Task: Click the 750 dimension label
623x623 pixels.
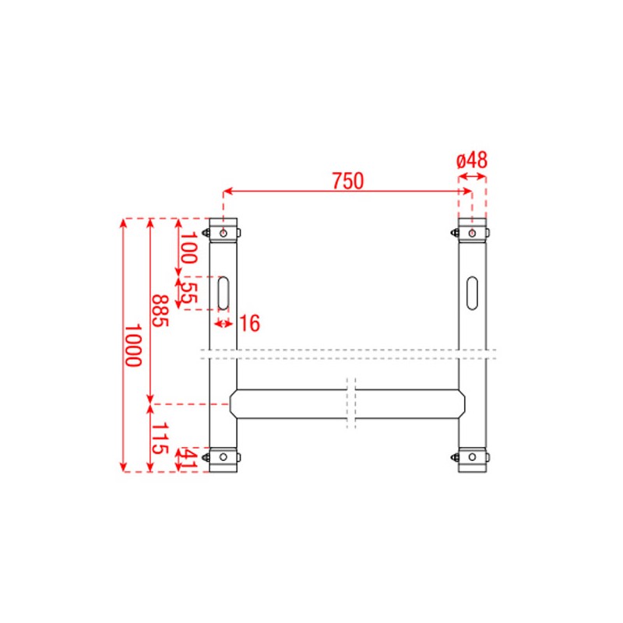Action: coord(347,181)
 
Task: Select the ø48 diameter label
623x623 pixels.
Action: coord(471,160)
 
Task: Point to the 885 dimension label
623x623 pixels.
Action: coord(159,311)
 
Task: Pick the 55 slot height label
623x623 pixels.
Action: coord(188,293)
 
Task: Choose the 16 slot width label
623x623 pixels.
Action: coord(249,323)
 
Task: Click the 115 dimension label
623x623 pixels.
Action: coord(159,438)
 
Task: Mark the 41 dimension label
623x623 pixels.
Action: coord(188,459)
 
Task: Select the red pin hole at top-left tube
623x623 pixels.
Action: coord(224,232)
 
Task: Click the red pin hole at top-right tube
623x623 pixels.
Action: coord(472,232)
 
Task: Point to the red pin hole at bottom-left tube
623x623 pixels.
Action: coord(224,457)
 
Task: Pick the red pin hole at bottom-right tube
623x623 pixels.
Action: coord(472,457)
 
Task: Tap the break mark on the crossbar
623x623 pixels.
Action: coord(351,403)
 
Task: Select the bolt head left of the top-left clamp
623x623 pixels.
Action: coord(206,232)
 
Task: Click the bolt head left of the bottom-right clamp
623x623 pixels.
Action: coord(454,457)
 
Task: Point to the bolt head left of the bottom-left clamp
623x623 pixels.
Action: coord(206,457)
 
